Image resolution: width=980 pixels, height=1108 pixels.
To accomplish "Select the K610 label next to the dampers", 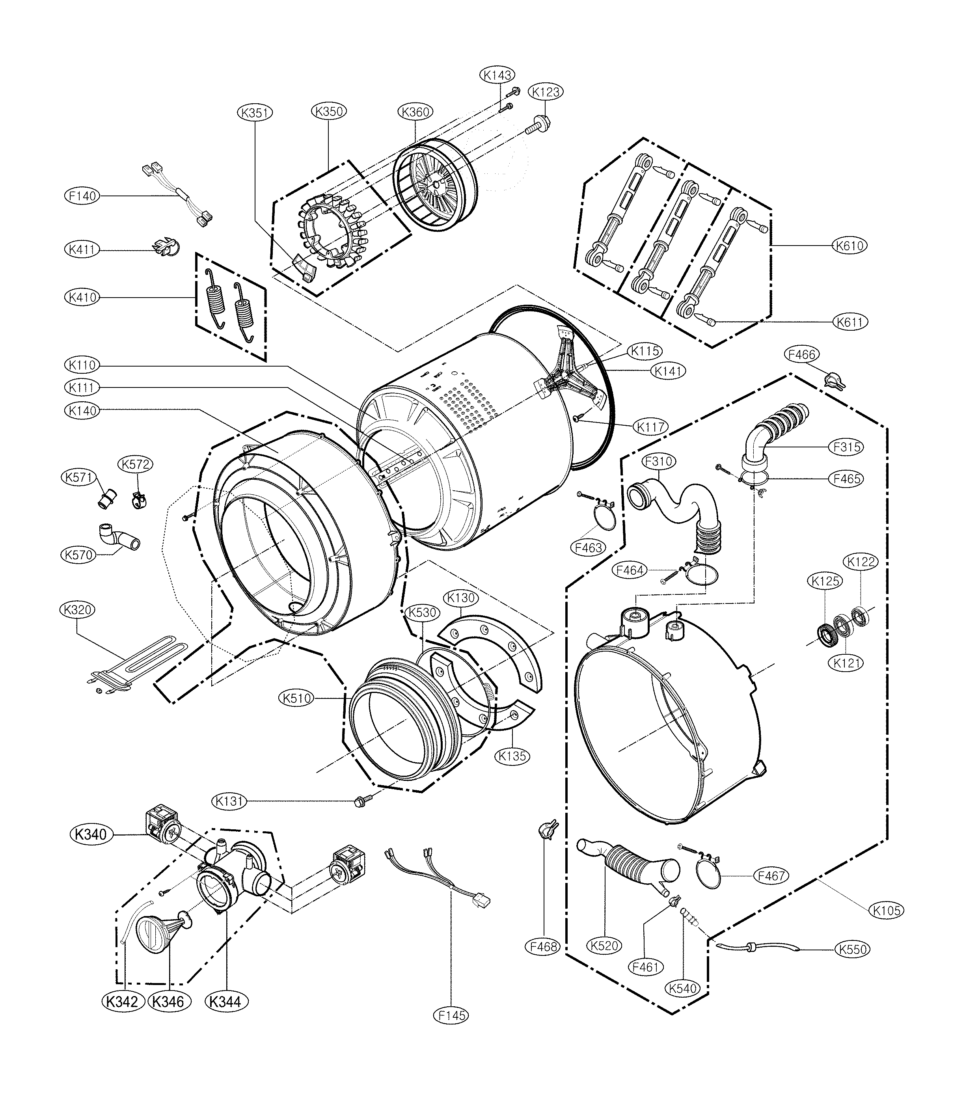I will (x=850, y=246).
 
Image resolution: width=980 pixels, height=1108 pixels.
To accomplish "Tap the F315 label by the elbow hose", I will (x=846, y=447).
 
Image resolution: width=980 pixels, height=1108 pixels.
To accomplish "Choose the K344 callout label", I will (x=226, y=1002).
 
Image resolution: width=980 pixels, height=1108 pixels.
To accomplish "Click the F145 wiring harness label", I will (x=451, y=1015).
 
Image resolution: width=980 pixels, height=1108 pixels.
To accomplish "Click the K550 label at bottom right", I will (x=853, y=949).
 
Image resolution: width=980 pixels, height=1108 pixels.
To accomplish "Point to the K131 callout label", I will (x=229, y=801).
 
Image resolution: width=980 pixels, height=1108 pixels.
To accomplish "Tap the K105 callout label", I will (x=887, y=911).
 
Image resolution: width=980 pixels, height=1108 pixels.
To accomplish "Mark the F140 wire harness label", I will (x=82, y=196).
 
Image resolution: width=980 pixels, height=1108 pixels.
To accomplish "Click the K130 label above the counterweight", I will (x=461, y=598).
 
